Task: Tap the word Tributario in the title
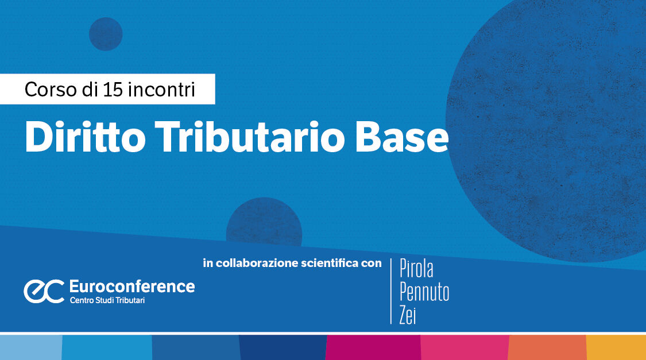250,137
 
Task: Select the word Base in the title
402,138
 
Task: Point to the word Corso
51,90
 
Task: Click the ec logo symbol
44,291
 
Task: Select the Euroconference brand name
132,287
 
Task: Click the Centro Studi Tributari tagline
107,300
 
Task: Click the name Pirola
416,269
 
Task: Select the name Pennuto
424,292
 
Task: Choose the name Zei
408,315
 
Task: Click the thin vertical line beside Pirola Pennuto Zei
391,291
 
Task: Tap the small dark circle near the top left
106,34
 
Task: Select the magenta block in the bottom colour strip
373,347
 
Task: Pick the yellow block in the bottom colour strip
616,347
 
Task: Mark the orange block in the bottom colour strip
548,347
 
